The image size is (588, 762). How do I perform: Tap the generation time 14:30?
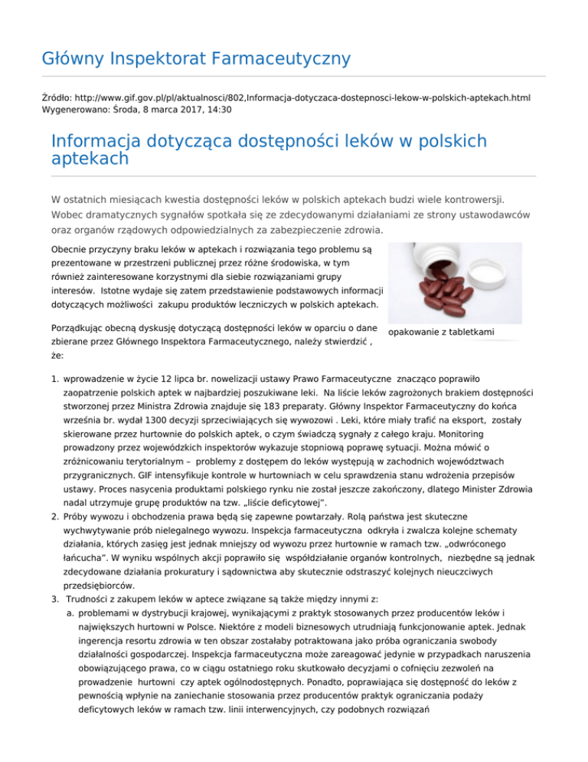(x=218, y=110)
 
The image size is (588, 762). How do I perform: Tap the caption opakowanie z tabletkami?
(x=441, y=332)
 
